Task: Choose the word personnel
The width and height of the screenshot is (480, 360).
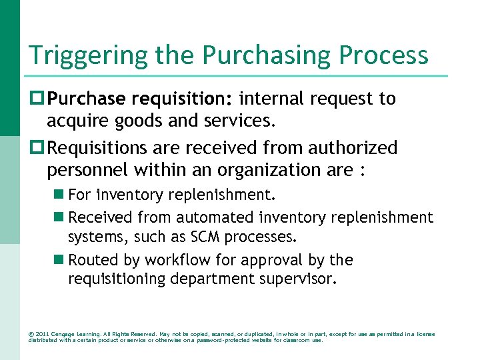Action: click(x=87, y=170)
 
